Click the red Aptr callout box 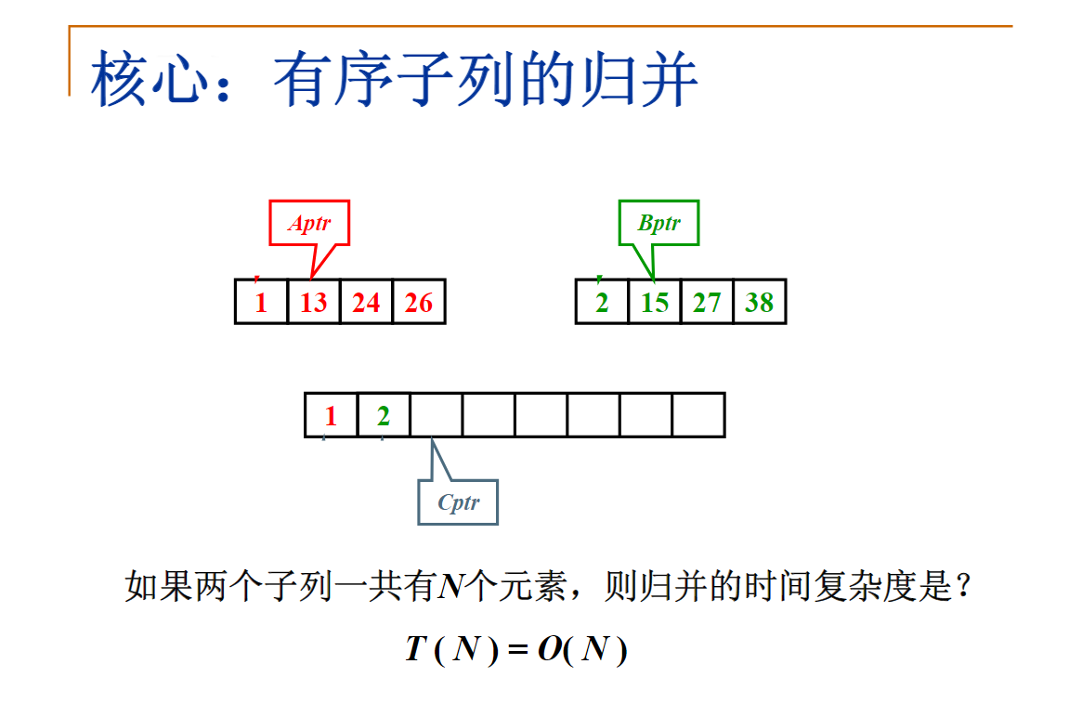[309, 223]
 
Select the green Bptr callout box [658, 223]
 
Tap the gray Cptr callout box [458, 502]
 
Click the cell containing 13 [314, 302]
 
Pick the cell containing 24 [366, 302]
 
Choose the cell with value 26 [419, 302]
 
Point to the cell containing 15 [654, 302]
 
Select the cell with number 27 [707, 302]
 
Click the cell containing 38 [760, 302]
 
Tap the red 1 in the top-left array [261, 302]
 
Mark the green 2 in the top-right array [602, 302]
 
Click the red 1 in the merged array [331, 416]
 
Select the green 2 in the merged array [384, 416]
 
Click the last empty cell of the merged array [698, 415]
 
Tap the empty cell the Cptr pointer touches [436, 415]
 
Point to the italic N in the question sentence [451, 587]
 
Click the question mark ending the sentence [963, 587]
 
